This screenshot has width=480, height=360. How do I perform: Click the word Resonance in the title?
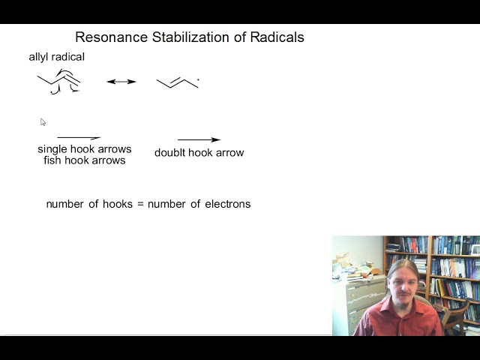[106, 37]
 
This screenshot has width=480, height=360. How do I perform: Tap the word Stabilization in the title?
[178, 37]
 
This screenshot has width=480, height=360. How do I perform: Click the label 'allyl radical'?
[57, 57]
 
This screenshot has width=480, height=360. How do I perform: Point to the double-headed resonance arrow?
[121, 81]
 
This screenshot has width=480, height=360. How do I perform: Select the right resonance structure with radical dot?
[177, 82]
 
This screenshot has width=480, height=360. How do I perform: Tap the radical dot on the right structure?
[198, 79]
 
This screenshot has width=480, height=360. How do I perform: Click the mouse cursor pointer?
[43, 121]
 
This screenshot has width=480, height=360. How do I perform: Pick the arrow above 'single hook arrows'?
[79, 138]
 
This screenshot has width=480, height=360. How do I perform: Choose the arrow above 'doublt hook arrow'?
[199, 139]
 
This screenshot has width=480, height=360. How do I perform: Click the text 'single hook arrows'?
[85, 149]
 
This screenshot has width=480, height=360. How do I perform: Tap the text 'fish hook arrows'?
[85, 160]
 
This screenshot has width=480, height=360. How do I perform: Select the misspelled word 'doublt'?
[169, 153]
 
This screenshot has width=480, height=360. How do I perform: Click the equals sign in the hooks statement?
[139, 204]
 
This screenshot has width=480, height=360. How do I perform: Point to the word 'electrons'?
[228, 204]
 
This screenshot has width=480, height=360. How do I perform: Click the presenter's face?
[403, 283]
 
